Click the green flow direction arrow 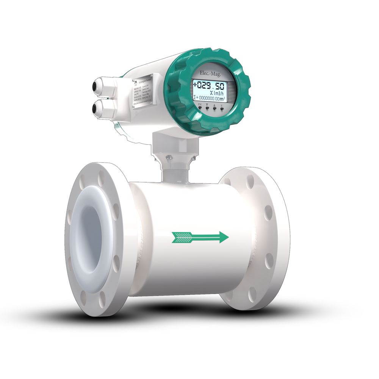(x=200, y=237)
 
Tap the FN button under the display (x=200, y=108)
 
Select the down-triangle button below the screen (x=207, y=108)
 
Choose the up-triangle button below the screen (x=215, y=108)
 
